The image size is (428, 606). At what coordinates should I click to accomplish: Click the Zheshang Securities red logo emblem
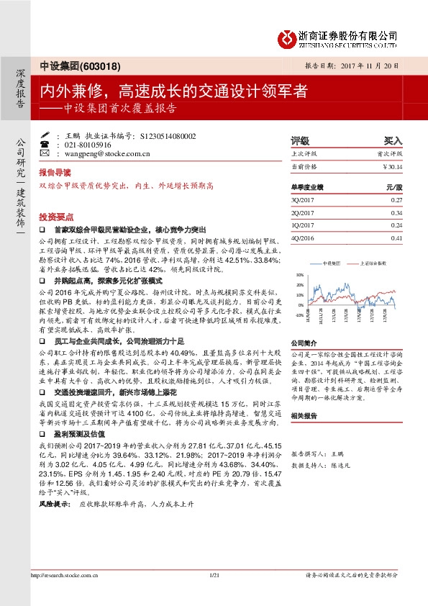[x=287, y=37]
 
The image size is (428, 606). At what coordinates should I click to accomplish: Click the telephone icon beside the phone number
[x=45, y=145]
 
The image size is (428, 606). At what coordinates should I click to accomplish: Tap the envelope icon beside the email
[x=45, y=154]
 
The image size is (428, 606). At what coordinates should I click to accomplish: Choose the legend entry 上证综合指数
[x=369, y=264]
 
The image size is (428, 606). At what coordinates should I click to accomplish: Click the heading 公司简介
[x=303, y=343]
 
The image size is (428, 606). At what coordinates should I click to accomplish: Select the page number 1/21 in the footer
[x=213, y=594]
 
